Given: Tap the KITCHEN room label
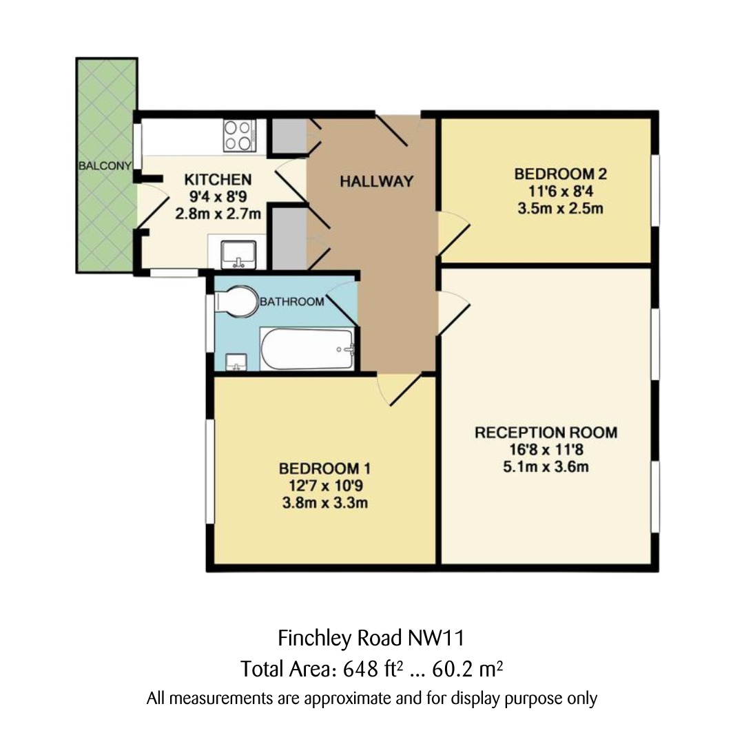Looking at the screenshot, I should click(218, 180).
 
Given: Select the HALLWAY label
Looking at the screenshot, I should click(376, 182).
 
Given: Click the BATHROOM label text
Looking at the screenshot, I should click(291, 302).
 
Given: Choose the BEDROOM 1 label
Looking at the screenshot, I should click(324, 468).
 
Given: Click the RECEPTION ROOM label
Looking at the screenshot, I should click(546, 433).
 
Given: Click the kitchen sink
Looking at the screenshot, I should click(238, 253).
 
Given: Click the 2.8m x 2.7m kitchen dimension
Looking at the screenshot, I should click(218, 214).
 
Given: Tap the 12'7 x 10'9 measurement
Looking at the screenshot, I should click(324, 486).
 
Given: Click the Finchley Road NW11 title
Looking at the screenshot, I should click(375, 638).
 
